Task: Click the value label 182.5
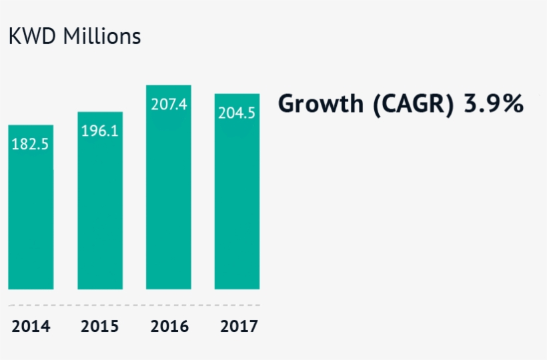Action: pos(31,144)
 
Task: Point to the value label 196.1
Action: pos(100,131)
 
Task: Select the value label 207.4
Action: pos(169,105)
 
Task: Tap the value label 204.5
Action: pos(237,113)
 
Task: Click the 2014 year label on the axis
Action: pos(31,327)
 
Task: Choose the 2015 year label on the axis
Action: pos(100,327)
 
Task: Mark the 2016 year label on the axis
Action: pos(169,327)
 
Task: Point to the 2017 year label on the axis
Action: pos(238,327)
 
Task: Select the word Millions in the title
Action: pos(102,36)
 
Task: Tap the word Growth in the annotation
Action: pos(318,105)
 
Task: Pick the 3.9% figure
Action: pos(494,105)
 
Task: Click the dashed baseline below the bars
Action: pos(133,305)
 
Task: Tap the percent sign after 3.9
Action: pos(512,105)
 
